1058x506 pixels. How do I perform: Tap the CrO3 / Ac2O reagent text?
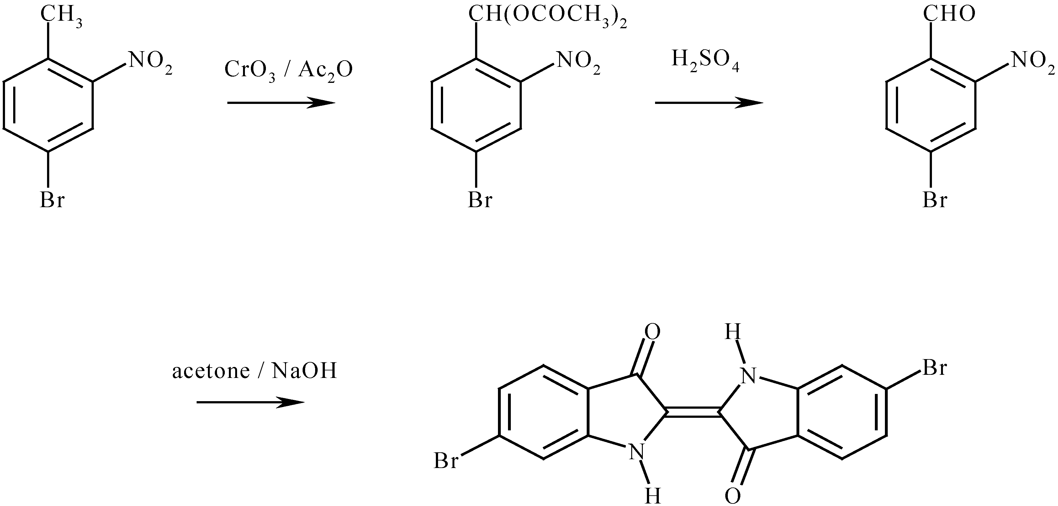288,70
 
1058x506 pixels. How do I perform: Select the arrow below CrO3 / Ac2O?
281,103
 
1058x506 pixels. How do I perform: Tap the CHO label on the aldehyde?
949,15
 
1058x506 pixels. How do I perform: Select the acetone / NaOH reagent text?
254,371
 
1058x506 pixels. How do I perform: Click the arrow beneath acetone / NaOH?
251,402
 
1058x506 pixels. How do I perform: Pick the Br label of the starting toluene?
52,201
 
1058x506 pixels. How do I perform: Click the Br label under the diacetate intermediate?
480,201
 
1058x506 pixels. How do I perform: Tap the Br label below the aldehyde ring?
935,201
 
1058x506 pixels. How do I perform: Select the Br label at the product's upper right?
935,368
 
